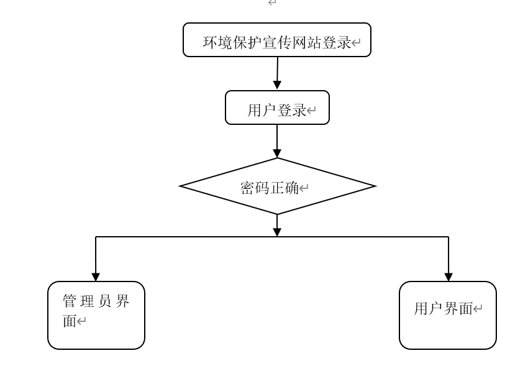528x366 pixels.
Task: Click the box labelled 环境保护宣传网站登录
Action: (x=277, y=40)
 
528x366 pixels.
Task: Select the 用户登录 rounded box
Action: (x=277, y=108)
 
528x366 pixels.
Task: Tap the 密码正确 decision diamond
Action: (x=277, y=186)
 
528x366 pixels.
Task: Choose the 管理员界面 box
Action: (x=96, y=315)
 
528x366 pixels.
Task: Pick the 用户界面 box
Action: (x=447, y=315)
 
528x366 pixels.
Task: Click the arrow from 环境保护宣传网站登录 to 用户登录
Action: (x=277, y=73)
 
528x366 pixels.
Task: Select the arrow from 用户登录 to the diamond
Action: (x=277, y=141)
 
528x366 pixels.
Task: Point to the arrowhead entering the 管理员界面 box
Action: (x=96, y=277)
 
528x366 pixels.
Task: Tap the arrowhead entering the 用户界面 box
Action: (x=448, y=277)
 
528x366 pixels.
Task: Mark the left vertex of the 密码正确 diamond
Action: (x=181, y=186)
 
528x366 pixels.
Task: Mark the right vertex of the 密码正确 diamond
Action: (x=375, y=186)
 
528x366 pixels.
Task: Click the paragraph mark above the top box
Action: (x=271, y=3)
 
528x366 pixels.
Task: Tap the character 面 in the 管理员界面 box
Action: (x=69, y=322)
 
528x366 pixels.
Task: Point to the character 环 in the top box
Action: (x=211, y=43)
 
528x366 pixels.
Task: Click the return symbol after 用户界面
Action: (x=478, y=309)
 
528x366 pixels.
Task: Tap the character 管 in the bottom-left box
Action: (x=70, y=301)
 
